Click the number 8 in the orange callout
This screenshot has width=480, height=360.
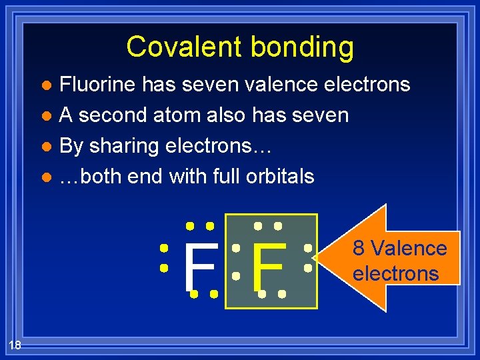(x=359, y=249)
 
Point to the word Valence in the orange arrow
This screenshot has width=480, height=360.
(x=408, y=249)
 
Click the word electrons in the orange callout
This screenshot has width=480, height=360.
(x=395, y=273)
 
